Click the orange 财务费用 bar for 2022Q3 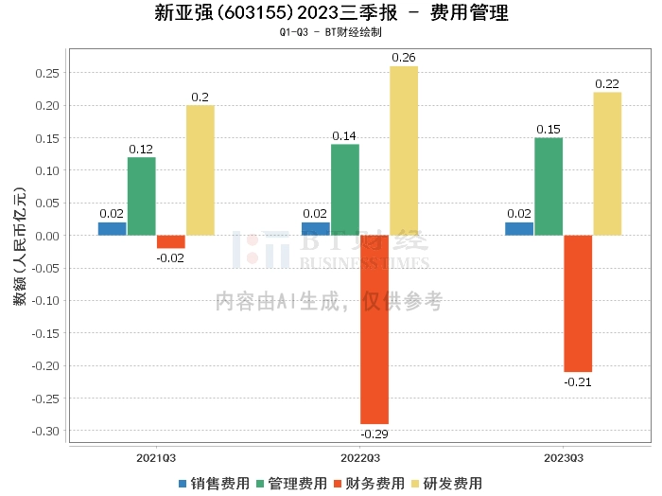point(375,329)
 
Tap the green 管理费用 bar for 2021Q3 point(142,196)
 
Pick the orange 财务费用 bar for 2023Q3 point(578,303)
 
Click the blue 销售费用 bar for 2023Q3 point(519,228)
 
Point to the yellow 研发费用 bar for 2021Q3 point(200,169)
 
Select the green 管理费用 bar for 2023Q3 point(549,186)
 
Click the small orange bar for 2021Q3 point(171,241)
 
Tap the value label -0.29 point(375,434)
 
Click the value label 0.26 point(404,58)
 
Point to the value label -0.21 point(578,382)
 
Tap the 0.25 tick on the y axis point(47,73)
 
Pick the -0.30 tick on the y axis point(45,431)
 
